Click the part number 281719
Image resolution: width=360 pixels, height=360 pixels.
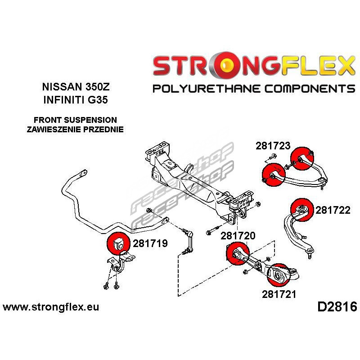(150, 244)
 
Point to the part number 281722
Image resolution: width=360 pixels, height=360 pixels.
(333, 210)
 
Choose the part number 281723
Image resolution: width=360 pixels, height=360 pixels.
(273, 146)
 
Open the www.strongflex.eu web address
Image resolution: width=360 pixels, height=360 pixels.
(51, 307)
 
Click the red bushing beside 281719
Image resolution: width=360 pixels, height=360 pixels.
(119, 243)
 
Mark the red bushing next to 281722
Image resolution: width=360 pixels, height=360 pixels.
(302, 210)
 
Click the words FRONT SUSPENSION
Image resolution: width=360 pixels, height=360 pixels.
(75, 120)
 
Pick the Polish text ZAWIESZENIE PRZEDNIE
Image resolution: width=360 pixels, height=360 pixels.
(75, 129)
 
